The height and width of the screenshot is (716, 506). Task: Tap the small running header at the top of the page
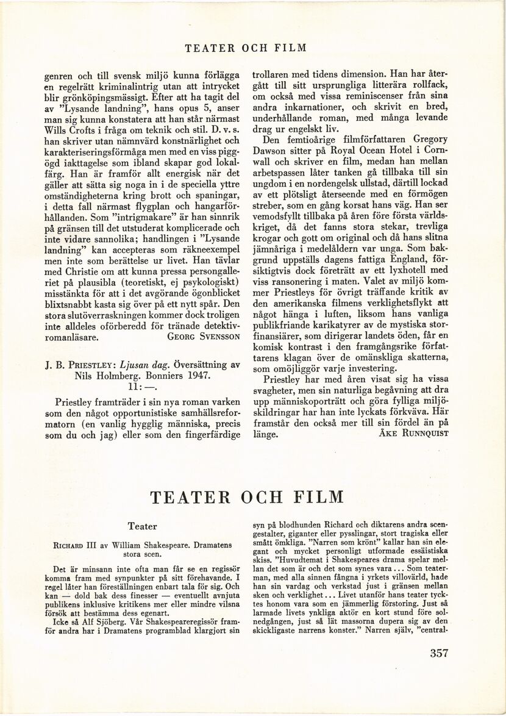coord(253,48)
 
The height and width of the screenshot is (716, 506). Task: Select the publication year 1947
coord(193,376)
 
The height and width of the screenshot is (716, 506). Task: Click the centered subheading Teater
coord(143,526)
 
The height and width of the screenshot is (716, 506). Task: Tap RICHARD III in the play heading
coord(80,545)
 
